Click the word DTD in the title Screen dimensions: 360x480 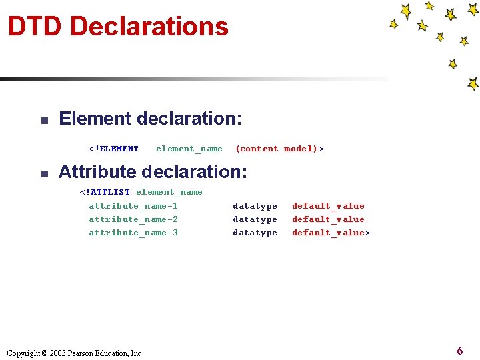click(x=35, y=27)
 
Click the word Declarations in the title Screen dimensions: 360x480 click(x=149, y=27)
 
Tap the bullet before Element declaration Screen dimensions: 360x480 click(x=41, y=121)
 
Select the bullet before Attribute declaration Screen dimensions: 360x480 click(x=41, y=173)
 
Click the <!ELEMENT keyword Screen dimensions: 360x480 click(x=113, y=149)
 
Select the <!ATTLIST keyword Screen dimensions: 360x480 click(x=105, y=192)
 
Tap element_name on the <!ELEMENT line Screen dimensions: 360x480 click(x=189, y=149)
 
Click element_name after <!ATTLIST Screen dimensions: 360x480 click(x=169, y=192)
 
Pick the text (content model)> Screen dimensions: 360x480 click(x=279, y=149)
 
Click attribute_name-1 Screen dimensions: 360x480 click(x=133, y=206)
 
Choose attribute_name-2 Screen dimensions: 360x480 click(x=133, y=219)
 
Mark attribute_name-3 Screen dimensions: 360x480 click(x=133, y=233)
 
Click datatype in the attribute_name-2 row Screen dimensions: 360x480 click(x=255, y=219)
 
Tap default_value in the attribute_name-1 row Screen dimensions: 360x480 click(x=328, y=206)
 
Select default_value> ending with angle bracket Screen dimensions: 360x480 click(x=331, y=233)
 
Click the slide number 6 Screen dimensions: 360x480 click(x=460, y=351)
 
